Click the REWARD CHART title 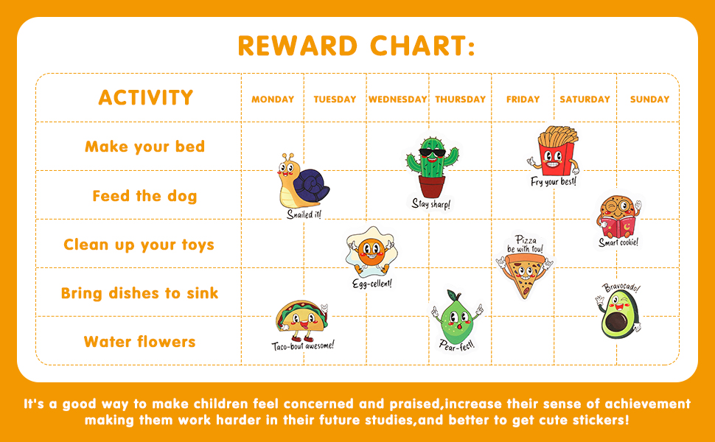coord(356,46)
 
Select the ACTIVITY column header coord(145,98)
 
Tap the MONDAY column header coord(273,99)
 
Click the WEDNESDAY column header coord(397,99)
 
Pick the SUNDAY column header coord(649,99)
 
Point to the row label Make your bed coord(144,147)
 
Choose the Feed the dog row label coord(144,196)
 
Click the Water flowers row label coord(139,342)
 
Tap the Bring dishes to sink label coord(139,293)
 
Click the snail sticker coord(303,182)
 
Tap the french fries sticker coord(554,151)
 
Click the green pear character coord(456,315)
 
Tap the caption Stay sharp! coord(430,204)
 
